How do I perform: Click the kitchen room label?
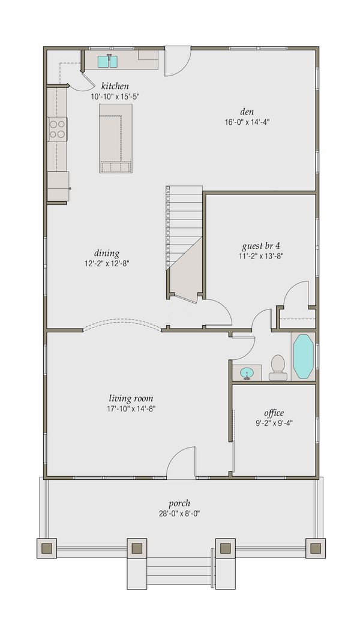(x=115, y=86)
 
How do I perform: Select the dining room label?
(x=106, y=253)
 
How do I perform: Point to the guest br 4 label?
(x=261, y=246)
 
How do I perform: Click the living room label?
(x=131, y=398)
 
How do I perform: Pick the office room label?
(x=274, y=413)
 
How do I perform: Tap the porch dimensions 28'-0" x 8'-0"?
(x=179, y=513)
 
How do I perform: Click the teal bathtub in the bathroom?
(x=303, y=356)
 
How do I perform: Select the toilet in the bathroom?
(x=278, y=367)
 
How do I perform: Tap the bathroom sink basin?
(x=247, y=374)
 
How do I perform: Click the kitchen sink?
(x=107, y=61)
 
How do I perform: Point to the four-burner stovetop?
(x=58, y=129)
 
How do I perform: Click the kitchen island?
(x=115, y=138)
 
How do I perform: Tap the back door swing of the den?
(x=177, y=61)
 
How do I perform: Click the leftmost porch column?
(x=47, y=548)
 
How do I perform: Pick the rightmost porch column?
(x=315, y=548)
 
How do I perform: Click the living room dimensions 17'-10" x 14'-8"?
(x=131, y=409)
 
